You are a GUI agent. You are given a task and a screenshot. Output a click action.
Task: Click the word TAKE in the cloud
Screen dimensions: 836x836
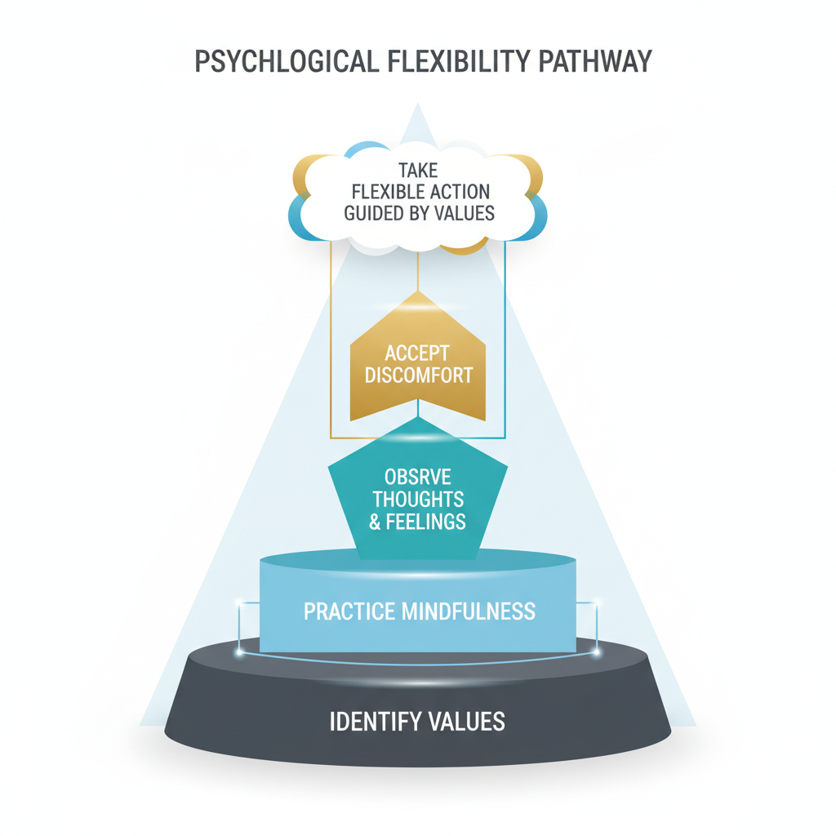pyautogui.click(x=419, y=171)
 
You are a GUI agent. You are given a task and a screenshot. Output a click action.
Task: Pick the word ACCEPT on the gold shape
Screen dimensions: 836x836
pyautogui.click(x=417, y=354)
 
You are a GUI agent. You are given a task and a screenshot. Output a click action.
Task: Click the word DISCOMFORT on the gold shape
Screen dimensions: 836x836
pyautogui.click(x=417, y=376)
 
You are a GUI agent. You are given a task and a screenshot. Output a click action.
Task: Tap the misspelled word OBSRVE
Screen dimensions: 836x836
pyautogui.click(x=418, y=477)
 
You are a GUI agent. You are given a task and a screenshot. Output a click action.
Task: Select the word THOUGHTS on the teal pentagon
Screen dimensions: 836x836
pyautogui.click(x=418, y=499)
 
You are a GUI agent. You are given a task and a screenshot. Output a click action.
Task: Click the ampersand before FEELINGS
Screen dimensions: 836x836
pyautogui.click(x=376, y=521)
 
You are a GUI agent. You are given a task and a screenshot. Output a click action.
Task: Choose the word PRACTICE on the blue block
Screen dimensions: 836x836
pyautogui.click(x=349, y=611)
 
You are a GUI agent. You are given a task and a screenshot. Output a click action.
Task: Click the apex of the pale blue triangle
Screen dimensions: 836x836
pyautogui.click(x=418, y=104)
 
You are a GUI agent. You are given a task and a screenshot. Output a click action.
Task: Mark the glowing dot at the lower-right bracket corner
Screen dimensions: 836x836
pyautogui.click(x=596, y=652)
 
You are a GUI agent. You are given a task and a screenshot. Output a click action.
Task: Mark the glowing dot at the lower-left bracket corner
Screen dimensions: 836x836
pyautogui.click(x=239, y=652)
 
